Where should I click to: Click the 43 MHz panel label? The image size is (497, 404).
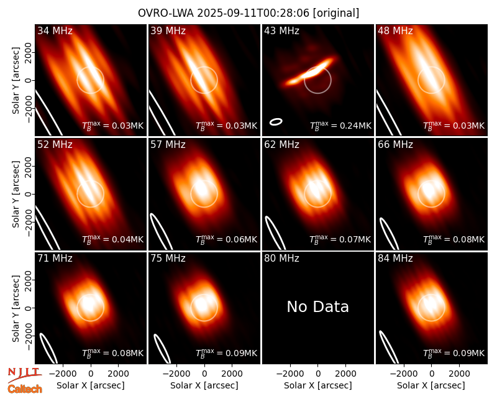pos(281,30)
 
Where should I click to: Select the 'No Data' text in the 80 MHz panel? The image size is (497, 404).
pos(317,306)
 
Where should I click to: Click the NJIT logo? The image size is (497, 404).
pos(24,374)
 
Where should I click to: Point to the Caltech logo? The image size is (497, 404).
pos(25,389)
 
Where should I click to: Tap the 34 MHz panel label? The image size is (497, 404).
pos(55,30)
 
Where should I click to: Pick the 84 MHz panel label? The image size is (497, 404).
pos(395,259)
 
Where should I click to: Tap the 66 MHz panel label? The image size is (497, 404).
pos(395,145)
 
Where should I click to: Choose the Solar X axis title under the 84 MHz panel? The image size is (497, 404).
pos(431,385)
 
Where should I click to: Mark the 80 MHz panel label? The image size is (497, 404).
pos(281,259)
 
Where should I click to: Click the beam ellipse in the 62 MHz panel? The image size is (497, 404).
pos(275,233)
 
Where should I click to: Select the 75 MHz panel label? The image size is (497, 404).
pos(168,259)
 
